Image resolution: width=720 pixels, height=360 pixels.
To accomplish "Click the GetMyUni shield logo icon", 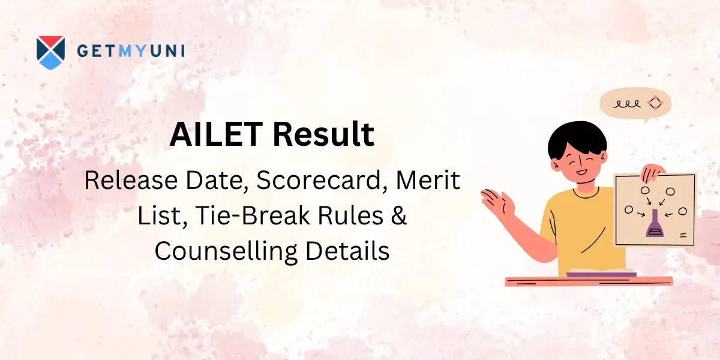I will (x=50, y=52).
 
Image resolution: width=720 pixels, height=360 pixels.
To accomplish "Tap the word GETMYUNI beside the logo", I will (x=131, y=51).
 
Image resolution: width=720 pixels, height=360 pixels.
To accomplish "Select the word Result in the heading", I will (x=324, y=134).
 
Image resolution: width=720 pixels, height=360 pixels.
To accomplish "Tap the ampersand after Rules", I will (x=399, y=216).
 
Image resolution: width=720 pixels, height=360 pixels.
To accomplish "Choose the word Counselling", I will (x=226, y=251).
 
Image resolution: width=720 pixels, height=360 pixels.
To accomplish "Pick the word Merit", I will (x=424, y=181).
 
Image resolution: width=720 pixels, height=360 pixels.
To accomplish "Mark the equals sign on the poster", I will (x=683, y=235).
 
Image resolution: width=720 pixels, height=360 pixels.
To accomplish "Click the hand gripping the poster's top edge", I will (x=651, y=173).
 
